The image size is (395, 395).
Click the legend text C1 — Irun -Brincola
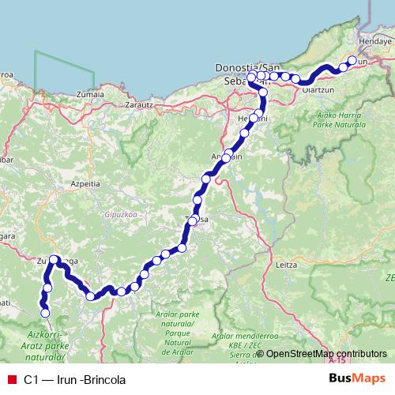(74, 380)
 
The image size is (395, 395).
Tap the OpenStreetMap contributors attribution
(325, 354)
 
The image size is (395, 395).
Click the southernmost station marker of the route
(45, 314)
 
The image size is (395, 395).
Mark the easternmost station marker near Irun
(352, 60)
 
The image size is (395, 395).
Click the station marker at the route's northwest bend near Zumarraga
(54, 259)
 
